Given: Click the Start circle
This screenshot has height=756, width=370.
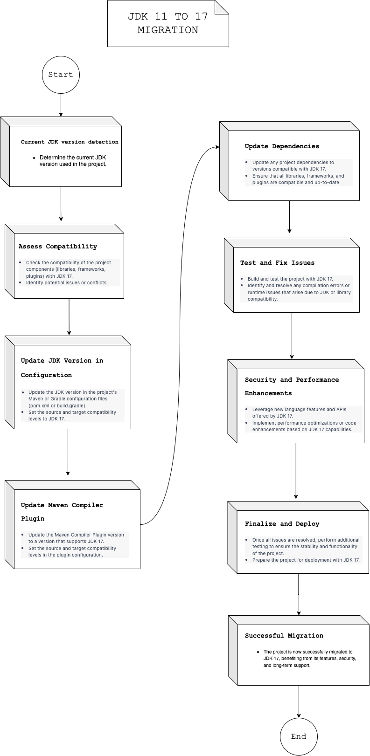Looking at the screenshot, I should pos(61,75).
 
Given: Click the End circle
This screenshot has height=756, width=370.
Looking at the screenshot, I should pos(299,736).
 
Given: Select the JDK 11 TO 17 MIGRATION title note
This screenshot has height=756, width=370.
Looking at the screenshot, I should pos(168,23).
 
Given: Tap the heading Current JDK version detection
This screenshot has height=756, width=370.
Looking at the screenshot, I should pos(70,142).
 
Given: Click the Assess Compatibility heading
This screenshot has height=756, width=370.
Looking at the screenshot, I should pos(58,247).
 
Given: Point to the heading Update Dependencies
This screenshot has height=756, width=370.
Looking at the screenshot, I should pos(282,146).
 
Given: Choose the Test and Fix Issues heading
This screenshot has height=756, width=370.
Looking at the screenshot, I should pos(277,263).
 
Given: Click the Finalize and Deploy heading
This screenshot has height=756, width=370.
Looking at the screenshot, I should pos(282,524).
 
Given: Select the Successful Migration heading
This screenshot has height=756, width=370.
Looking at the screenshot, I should pos(284,636).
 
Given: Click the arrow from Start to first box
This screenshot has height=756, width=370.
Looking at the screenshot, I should pos(61,105).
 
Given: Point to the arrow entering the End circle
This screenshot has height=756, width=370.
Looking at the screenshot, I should pos(299,701).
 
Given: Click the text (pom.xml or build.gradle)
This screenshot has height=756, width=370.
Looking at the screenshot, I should pos(57,405).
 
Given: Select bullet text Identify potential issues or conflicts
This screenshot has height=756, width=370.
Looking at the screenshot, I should pos(67,282).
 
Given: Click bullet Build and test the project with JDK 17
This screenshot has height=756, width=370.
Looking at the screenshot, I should pos(290,279).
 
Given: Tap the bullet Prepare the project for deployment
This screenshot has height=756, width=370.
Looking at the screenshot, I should pos(306,560).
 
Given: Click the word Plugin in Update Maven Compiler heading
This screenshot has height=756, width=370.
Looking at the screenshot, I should pos(33,519).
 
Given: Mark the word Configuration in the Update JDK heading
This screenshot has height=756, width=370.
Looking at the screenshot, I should pos(46,375).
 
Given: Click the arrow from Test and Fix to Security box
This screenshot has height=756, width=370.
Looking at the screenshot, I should pos(292,336).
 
